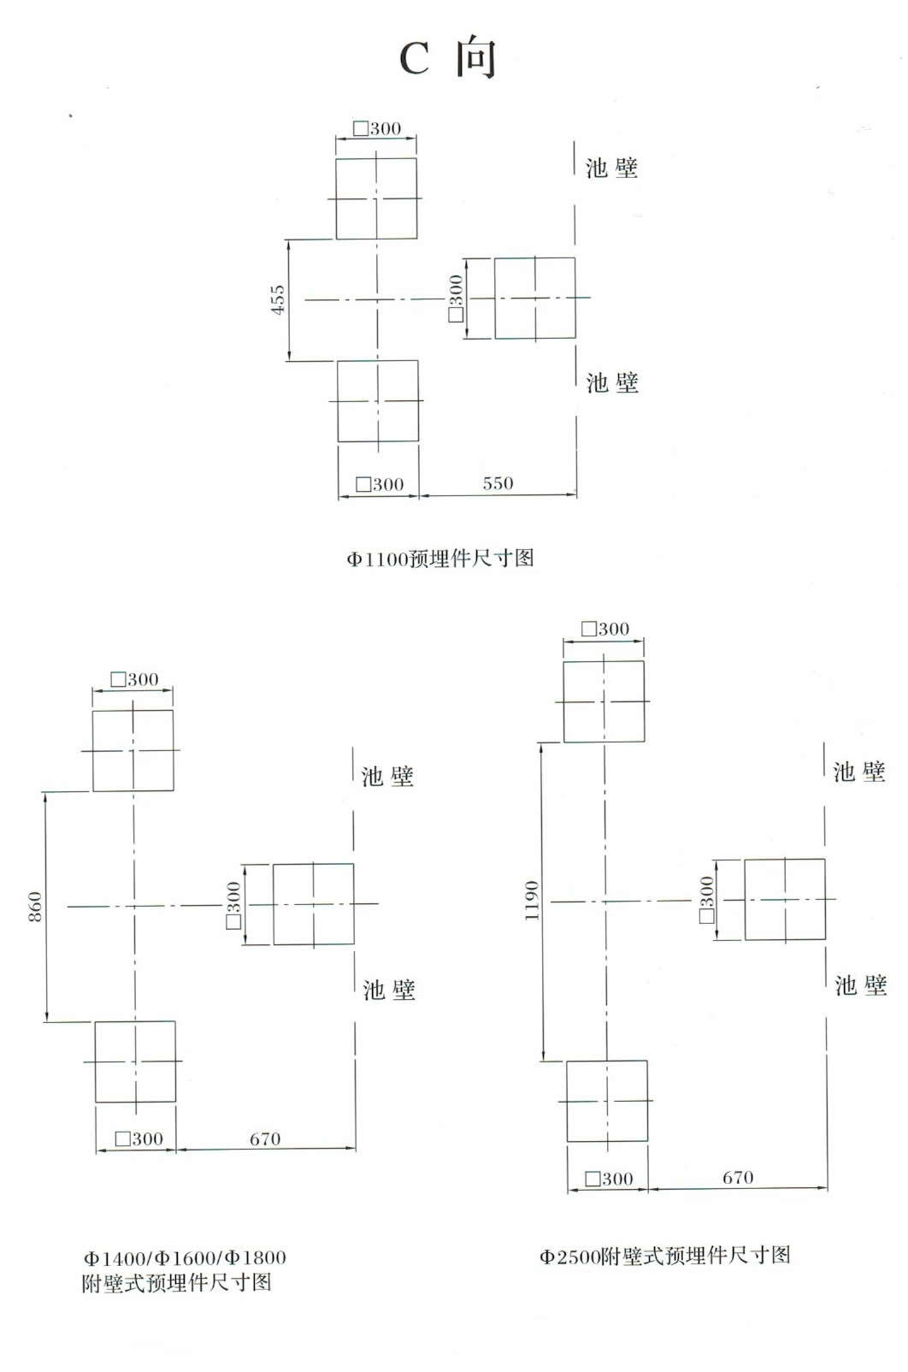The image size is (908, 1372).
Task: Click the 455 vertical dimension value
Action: pyautogui.click(x=278, y=299)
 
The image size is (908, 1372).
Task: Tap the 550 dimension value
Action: pyautogui.click(x=498, y=484)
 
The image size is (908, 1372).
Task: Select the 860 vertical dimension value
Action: pyautogui.click(x=36, y=907)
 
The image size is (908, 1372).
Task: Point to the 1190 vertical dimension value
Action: pyautogui.click(x=532, y=901)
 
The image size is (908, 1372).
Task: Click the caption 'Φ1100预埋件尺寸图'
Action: pyautogui.click(x=440, y=559)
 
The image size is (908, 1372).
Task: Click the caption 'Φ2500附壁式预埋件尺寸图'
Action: pyautogui.click(x=665, y=1256)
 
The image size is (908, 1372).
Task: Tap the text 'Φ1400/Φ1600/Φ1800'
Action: pyautogui.click(x=185, y=1258)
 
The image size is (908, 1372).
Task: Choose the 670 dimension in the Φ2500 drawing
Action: pyautogui.click(x=738, y=1177)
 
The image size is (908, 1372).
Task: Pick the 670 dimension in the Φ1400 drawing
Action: pyautogui.click(x=265, y=1138)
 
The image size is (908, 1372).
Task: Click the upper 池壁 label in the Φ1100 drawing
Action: pyautogui.click(x=611, y=168)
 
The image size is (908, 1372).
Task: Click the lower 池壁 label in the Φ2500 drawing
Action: pyautogui.click(x=861, y=985)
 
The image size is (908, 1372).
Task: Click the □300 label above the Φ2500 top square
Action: pyautogui.click(x=605, y=629)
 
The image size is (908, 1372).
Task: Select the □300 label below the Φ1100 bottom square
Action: pyautogui.click(x=380, y=484)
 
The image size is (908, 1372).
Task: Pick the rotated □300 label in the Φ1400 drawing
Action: pyautogui.click(x=233, y=905)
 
